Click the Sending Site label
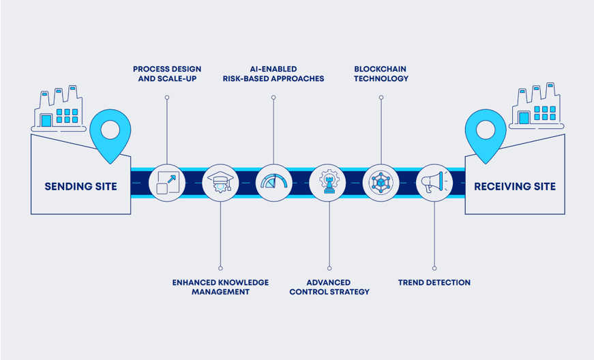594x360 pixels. click(x=80, y=186)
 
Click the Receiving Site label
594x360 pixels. click(x=514, y=186)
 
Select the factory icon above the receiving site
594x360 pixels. click(x=537, y=109)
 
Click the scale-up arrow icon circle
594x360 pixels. click(x=167, y=183)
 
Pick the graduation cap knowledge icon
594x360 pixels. click(x=220, y=183)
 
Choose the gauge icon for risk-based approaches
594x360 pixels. click(x=274, y=183)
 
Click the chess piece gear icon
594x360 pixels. click(x=328, y=183)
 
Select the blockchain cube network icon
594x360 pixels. click(x=381, y=183)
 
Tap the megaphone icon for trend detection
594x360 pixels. click(x=434, y=183)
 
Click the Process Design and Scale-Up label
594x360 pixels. click(x=167, y=74)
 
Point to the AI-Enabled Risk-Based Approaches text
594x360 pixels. click(x=273, y=74)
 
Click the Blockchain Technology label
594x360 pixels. click(x=381, y=74)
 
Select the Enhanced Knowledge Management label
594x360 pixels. click(x=220, y=287)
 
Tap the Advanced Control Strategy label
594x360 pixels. click(x=329, y=287)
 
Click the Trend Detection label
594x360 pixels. click(x=434, y=282)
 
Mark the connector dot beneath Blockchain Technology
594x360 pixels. click(x=381, y=97)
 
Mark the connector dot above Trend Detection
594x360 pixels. click(x=434, y=268)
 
